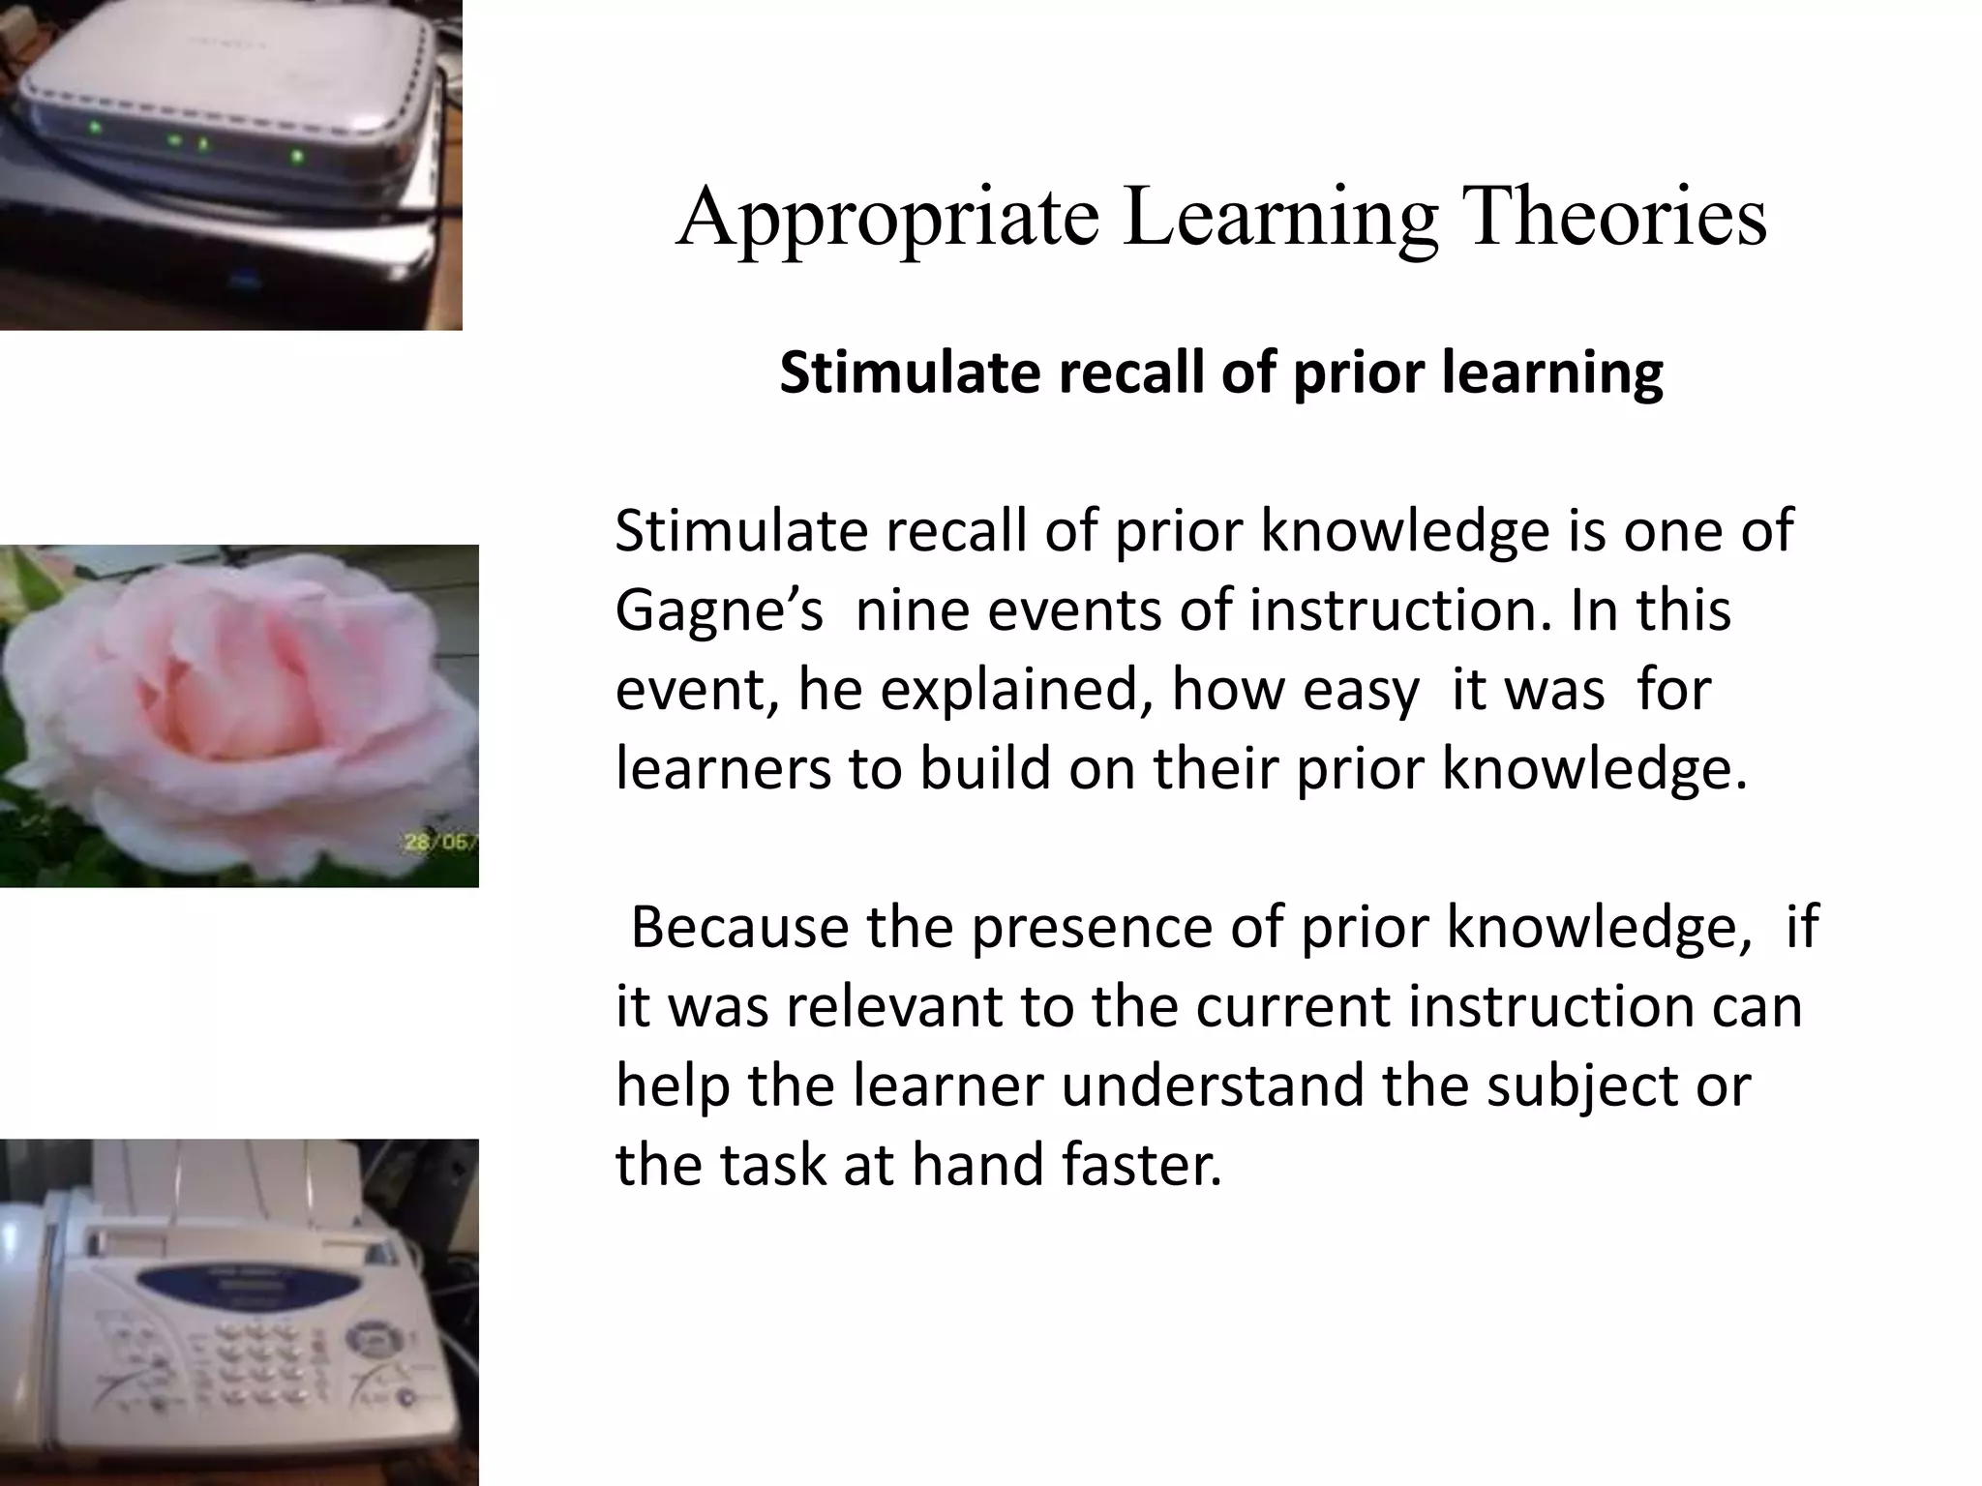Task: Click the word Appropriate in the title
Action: (x=886, y=218)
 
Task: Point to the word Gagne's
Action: (x=719, y=611)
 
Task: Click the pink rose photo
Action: (x=239, y=715)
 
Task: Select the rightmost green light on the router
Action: (x=297, y=156)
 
